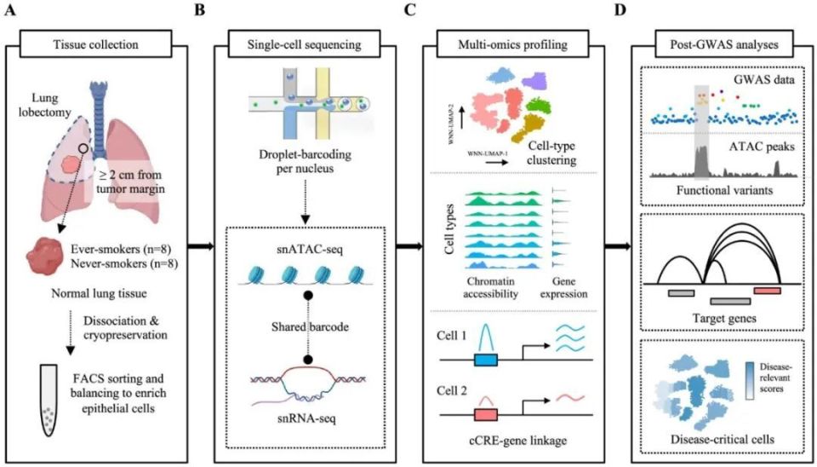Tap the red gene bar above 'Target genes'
[766, 291]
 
